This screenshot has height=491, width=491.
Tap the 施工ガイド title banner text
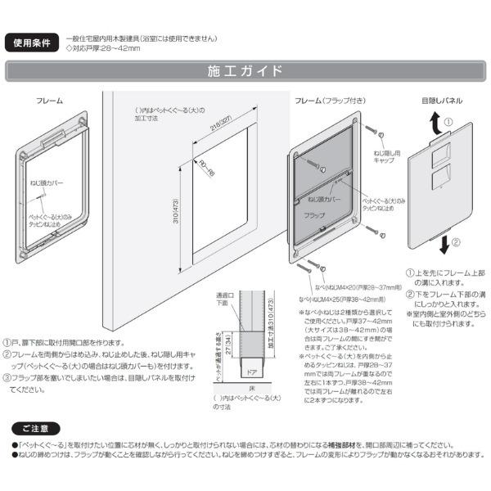(245, 70)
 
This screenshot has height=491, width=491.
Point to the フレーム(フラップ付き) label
(330, 100)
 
